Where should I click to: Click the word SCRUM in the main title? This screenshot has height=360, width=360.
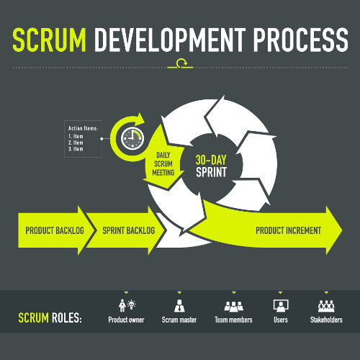point(49,40)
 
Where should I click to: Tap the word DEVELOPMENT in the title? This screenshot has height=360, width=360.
point(170,40)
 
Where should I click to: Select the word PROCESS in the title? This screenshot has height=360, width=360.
point(301,40)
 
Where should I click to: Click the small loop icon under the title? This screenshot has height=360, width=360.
point(181,63)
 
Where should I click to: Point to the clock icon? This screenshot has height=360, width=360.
point(132,138)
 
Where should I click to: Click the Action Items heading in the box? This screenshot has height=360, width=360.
point(83,128)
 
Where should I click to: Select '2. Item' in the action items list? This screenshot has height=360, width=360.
point(76,143)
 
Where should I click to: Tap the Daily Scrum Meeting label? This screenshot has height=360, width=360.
point(163,164)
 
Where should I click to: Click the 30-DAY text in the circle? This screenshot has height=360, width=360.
point(211,160)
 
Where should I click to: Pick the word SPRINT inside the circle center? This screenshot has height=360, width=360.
point(211,172)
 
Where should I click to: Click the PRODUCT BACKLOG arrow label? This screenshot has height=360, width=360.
point(55,230)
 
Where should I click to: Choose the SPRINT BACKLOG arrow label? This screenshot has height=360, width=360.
point(129,230)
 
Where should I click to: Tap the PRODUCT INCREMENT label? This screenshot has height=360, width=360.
point(288,230)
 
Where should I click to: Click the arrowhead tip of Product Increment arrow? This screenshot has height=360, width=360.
point(342,230)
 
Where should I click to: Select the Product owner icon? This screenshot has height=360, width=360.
point(127,305)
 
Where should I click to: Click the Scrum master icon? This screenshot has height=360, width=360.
point(179,305)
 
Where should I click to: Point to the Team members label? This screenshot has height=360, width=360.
point(233,320)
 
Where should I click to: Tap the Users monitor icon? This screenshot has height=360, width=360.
point(281,305)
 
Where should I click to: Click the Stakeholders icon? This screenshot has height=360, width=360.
point(326,306)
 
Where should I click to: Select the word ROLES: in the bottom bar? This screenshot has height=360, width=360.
point(67,318)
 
